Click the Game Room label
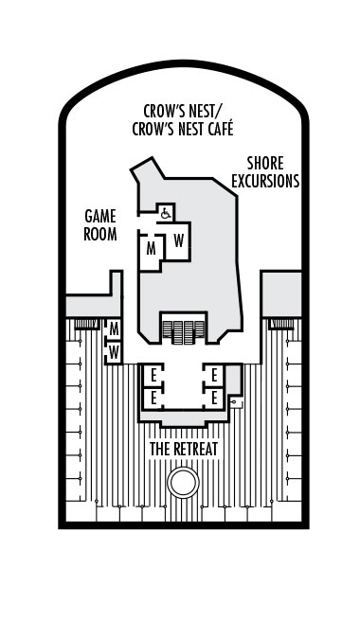click(99, 224)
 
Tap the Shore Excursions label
click(266, 171)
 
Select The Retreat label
click(184, 448)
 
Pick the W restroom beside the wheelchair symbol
click(178, 240)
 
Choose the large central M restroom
click(151, 250)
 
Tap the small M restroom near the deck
click(114, 328)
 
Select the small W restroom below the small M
click(114, 351)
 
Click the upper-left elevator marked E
click(153, 375)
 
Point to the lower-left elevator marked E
click(153, 399)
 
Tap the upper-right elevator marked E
click(215, 375)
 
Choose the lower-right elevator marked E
click(215, 399)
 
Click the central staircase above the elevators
click(184, 330)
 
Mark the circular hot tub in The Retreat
click(183, 483)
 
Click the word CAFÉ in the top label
click(215, 129)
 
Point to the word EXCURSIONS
click(266, 180)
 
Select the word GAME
click(99, 216)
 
